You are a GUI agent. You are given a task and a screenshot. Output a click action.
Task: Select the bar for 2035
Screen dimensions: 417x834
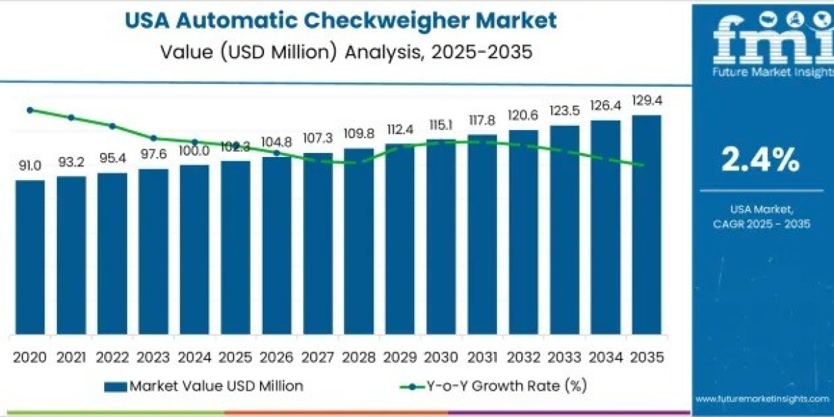(x=646, y=226)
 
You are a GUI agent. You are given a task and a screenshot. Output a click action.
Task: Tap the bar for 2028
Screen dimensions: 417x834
(x=359, y=243)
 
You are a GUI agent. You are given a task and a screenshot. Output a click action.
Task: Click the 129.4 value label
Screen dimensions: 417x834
(x=646, y=101)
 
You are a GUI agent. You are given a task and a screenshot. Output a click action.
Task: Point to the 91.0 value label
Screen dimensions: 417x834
(x=30, y=165)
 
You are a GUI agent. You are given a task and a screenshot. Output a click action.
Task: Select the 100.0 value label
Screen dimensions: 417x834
(x=194, y=150)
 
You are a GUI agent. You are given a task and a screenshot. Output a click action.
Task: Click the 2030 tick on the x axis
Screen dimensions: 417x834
(x=441, y=357)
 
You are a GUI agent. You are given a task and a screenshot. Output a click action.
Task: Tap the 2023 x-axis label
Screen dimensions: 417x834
(x=153, y=357)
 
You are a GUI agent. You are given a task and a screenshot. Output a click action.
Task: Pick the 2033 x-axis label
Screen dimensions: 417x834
(x=564, y=357)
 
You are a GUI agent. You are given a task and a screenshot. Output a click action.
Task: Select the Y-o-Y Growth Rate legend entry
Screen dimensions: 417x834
(x=500, y=386)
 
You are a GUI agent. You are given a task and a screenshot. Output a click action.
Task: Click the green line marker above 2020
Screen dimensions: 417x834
(x=30, y=110)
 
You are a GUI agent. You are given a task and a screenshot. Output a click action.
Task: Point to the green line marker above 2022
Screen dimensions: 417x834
(x=112, y=126)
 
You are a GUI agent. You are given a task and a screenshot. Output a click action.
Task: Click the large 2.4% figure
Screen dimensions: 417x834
(x=760, y=161)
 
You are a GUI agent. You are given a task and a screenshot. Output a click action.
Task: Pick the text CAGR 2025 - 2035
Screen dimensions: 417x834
(x=760, y=223)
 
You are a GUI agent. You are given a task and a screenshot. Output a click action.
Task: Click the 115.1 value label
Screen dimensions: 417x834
(x=441, y=124)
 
